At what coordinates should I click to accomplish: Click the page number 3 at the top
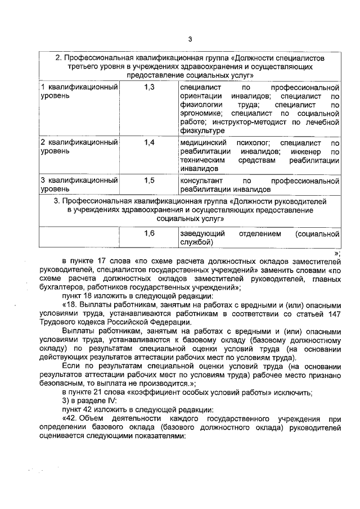point(190,39)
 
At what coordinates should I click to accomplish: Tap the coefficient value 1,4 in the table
point(149,143)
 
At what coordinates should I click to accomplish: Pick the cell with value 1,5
point(149,181)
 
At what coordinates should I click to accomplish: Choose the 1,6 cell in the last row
point(149,233)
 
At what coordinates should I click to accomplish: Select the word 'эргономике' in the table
point(202,113)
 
